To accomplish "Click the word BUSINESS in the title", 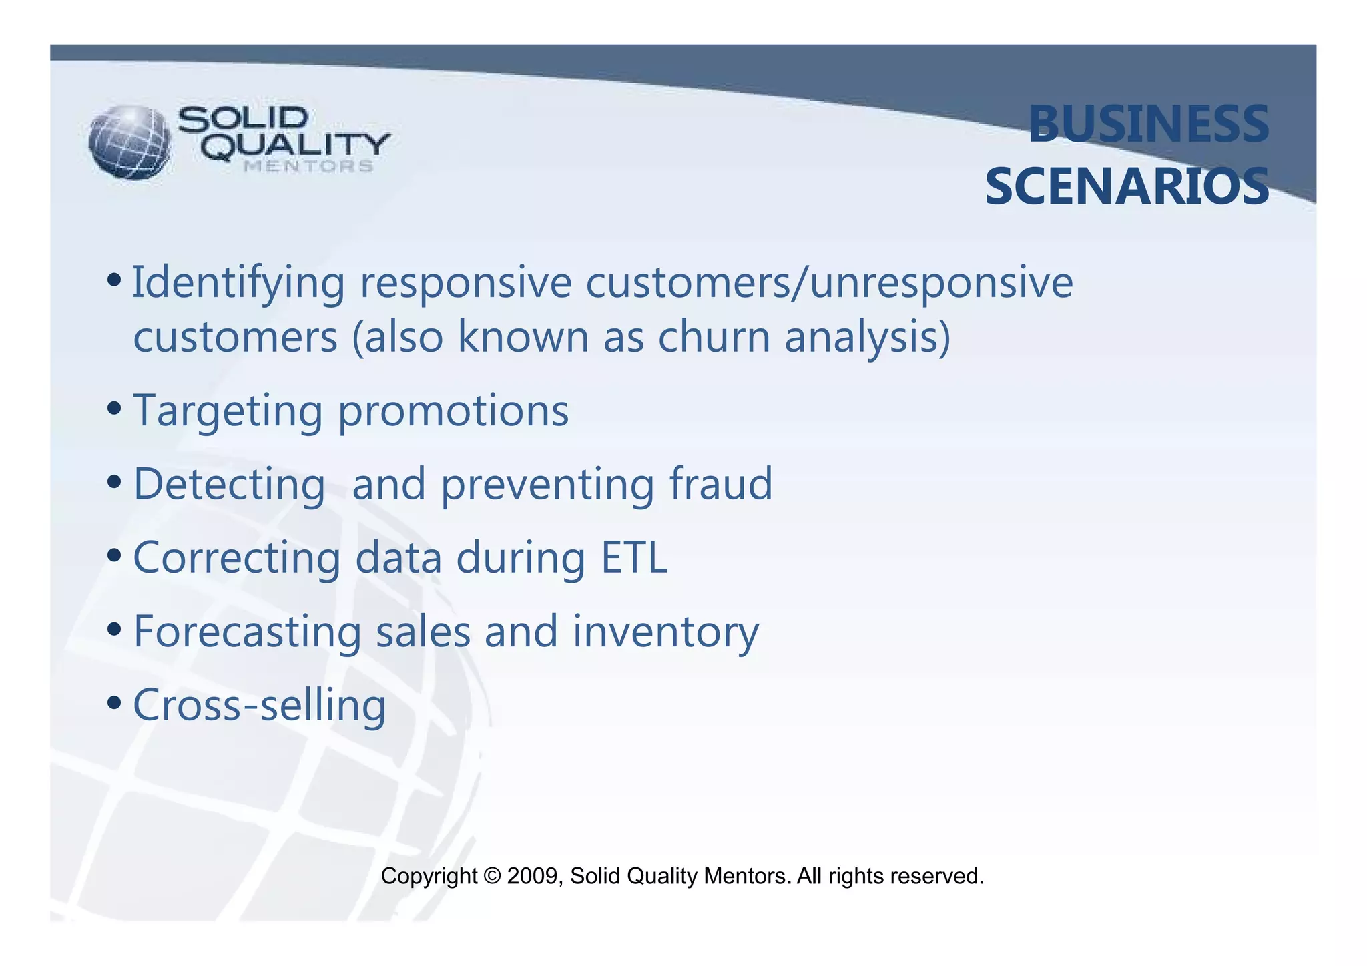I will click(1148, 125).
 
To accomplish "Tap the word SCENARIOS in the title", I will click(1127, 187).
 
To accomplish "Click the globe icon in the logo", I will click(129, 142).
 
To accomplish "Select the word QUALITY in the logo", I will click(296, 146).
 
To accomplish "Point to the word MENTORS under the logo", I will click(308, 166).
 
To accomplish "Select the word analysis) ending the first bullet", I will click(867, 338).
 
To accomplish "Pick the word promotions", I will click(453, 411).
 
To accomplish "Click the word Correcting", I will click(237, 559).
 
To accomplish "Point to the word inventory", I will click(665, 632).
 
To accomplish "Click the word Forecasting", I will click(247, 632).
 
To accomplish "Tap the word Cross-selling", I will click(260, 706).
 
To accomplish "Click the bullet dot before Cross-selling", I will click(114, 702).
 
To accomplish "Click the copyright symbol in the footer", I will click(493, 876).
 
